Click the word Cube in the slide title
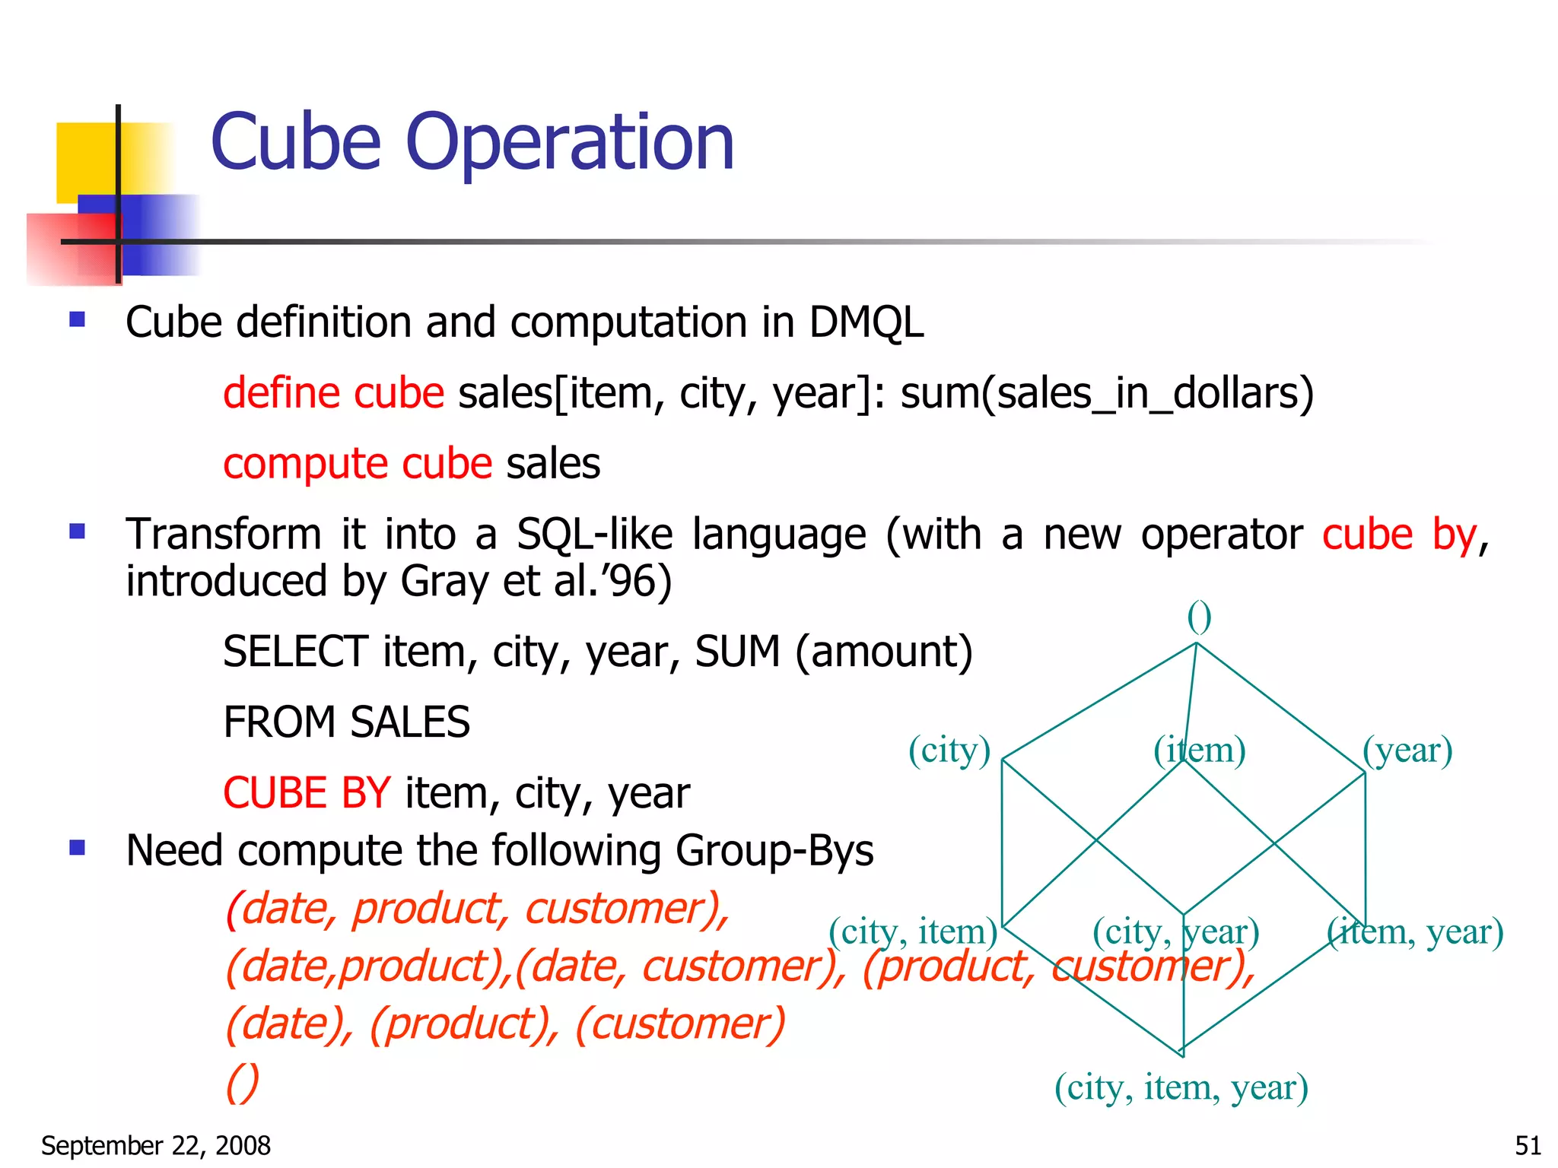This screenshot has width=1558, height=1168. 295,142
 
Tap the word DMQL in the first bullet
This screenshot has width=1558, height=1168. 866,322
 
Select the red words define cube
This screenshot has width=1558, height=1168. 333,394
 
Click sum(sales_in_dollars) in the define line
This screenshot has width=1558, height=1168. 1107,394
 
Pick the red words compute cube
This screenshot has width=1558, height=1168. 358,464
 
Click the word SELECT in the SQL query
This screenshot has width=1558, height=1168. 295,652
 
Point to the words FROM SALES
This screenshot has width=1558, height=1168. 346,722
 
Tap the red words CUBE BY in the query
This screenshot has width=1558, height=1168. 307,793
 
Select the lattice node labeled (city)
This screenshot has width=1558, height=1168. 949,751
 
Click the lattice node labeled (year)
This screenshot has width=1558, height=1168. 1407,751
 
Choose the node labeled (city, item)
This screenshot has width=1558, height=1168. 913,932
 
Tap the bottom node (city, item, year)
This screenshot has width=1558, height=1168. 1181,1087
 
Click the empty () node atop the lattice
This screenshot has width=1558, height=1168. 1199,617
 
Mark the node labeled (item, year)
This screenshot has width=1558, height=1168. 1415,932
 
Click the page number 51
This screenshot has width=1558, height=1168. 1528,1145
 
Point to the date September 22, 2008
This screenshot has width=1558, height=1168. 156,1145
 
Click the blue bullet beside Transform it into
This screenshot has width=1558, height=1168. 77,531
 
